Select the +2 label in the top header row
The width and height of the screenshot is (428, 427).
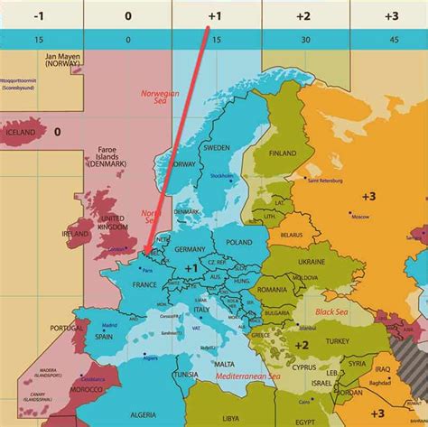click(303, 15)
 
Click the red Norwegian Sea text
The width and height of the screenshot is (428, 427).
click(160, 97)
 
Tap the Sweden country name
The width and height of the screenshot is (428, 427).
click(216, 147)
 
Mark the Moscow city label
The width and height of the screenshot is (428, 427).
click(361, 217)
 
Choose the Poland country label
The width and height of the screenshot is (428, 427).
click(239, 243)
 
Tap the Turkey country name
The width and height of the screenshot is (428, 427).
click(338, 341)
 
